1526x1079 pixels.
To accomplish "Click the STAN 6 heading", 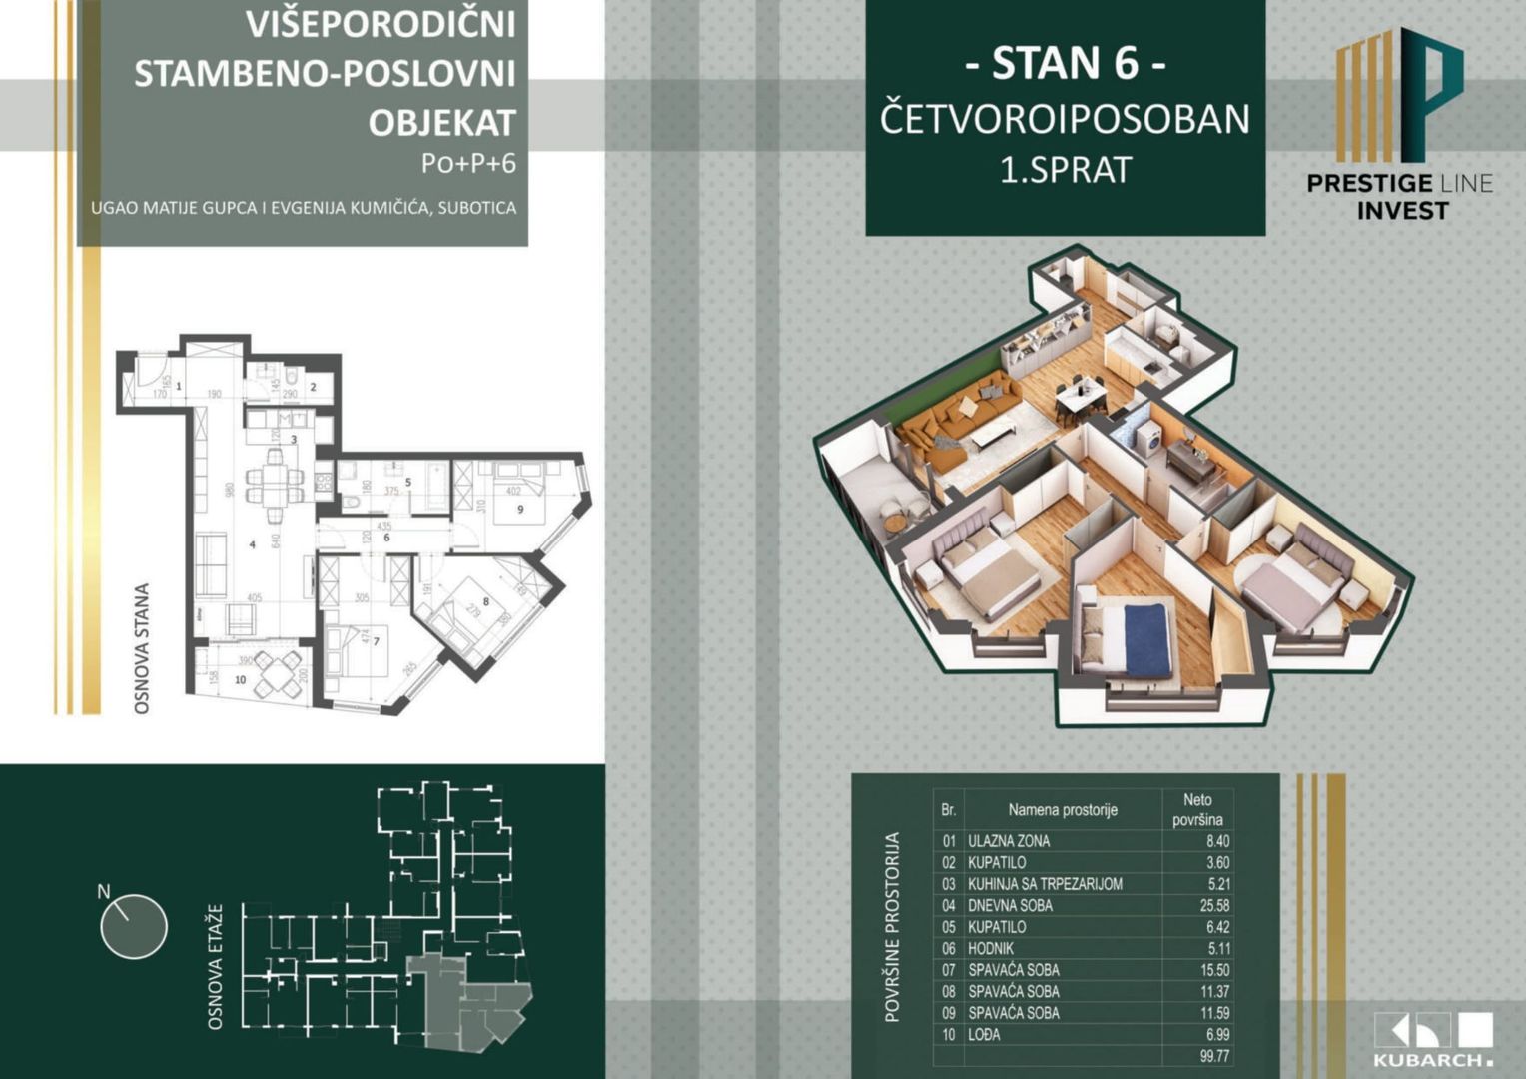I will [1065, 63].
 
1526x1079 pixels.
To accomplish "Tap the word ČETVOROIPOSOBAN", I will [1065, 119].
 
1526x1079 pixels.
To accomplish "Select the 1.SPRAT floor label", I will [1066, 170].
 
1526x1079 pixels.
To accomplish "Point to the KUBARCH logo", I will [1433, 1040].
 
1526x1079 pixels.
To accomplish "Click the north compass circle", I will [134, 925].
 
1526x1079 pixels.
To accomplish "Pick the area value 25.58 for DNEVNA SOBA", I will [1214, 905].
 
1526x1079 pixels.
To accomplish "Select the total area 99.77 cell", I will [1214, 1056].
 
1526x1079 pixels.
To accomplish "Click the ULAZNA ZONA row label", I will [1009, 841].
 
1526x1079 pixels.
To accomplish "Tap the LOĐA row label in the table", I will [984, 1034].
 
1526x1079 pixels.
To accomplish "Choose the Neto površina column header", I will [1197, 809].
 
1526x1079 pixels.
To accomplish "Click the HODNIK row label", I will [991, 948].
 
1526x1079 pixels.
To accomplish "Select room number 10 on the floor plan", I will [240, 679].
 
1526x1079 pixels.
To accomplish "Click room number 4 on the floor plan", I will [253, 544].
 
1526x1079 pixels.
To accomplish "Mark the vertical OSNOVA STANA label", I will [142, 648].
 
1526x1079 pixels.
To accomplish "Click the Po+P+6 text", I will [468, 163].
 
